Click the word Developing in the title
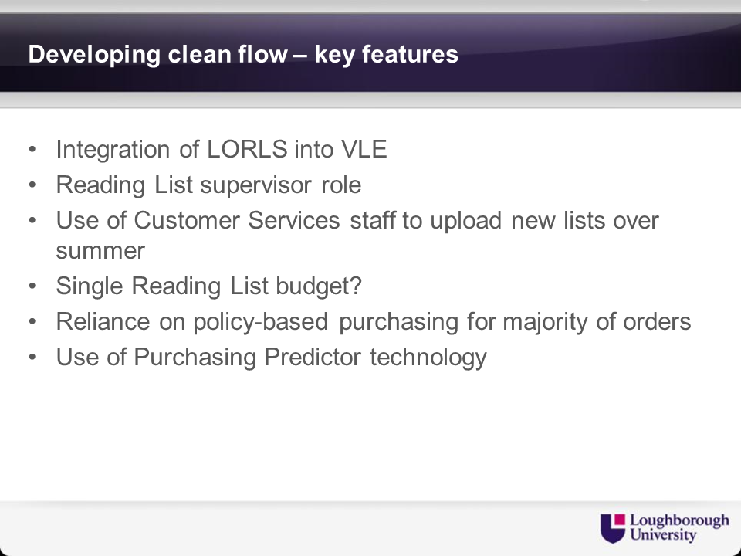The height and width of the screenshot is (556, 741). (x=94, y=55)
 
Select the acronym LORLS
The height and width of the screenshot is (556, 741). (x=247, y=149)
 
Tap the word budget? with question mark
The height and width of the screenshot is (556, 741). (x=319, y=286)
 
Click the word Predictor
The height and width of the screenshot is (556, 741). (x=313, y=357)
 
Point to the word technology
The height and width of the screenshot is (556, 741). (x=428, y=358)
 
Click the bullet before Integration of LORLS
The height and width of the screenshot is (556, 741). (x=32, y=149)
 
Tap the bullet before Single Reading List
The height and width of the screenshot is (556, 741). (x=32, y=286)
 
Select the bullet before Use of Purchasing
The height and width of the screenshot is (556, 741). (x=32, y=357)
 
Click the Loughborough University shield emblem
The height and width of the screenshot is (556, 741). (x=613, y=528)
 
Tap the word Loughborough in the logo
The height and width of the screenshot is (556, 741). (x=679, y=521)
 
